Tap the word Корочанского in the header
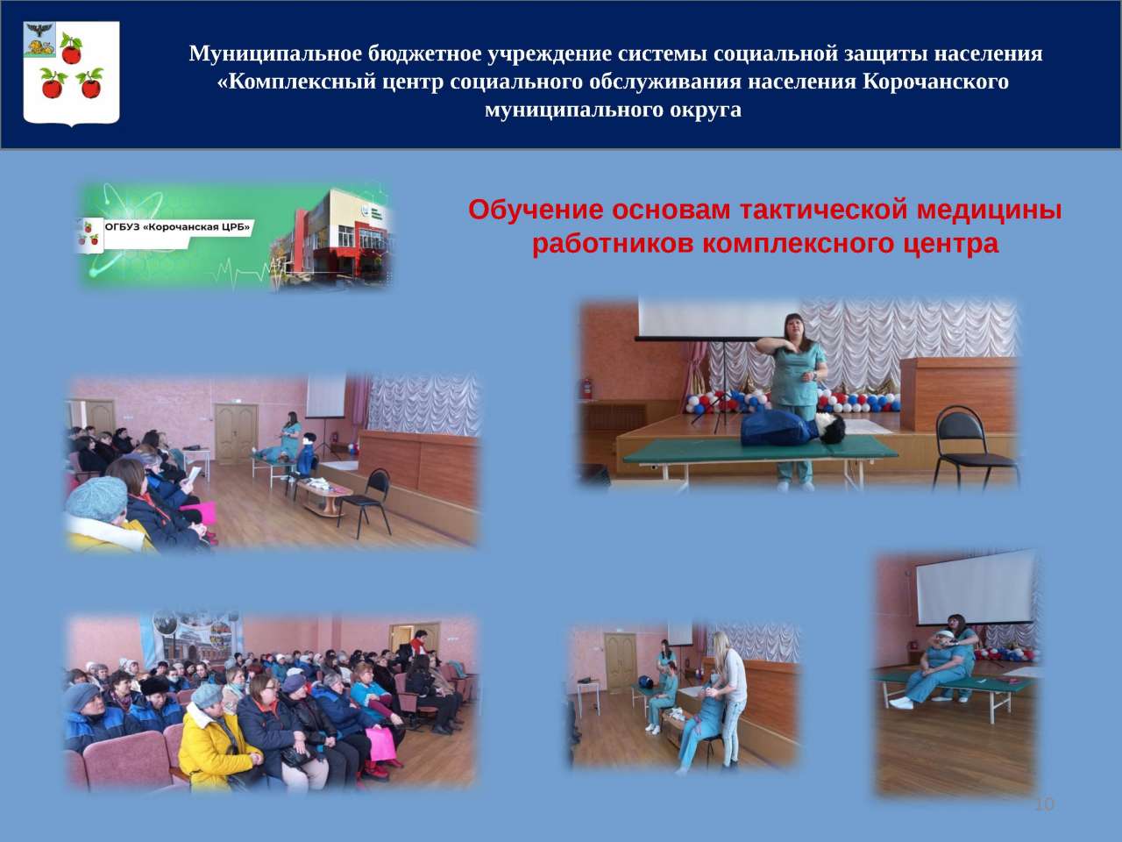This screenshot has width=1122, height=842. click(935, 82)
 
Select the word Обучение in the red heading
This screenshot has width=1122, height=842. click(536, 210)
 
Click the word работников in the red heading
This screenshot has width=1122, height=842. click(613, 244)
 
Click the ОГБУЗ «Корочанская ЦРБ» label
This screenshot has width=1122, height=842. click(177, 227)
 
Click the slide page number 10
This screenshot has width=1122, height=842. click(1044, 804)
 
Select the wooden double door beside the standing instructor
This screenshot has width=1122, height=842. click(236, 433)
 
